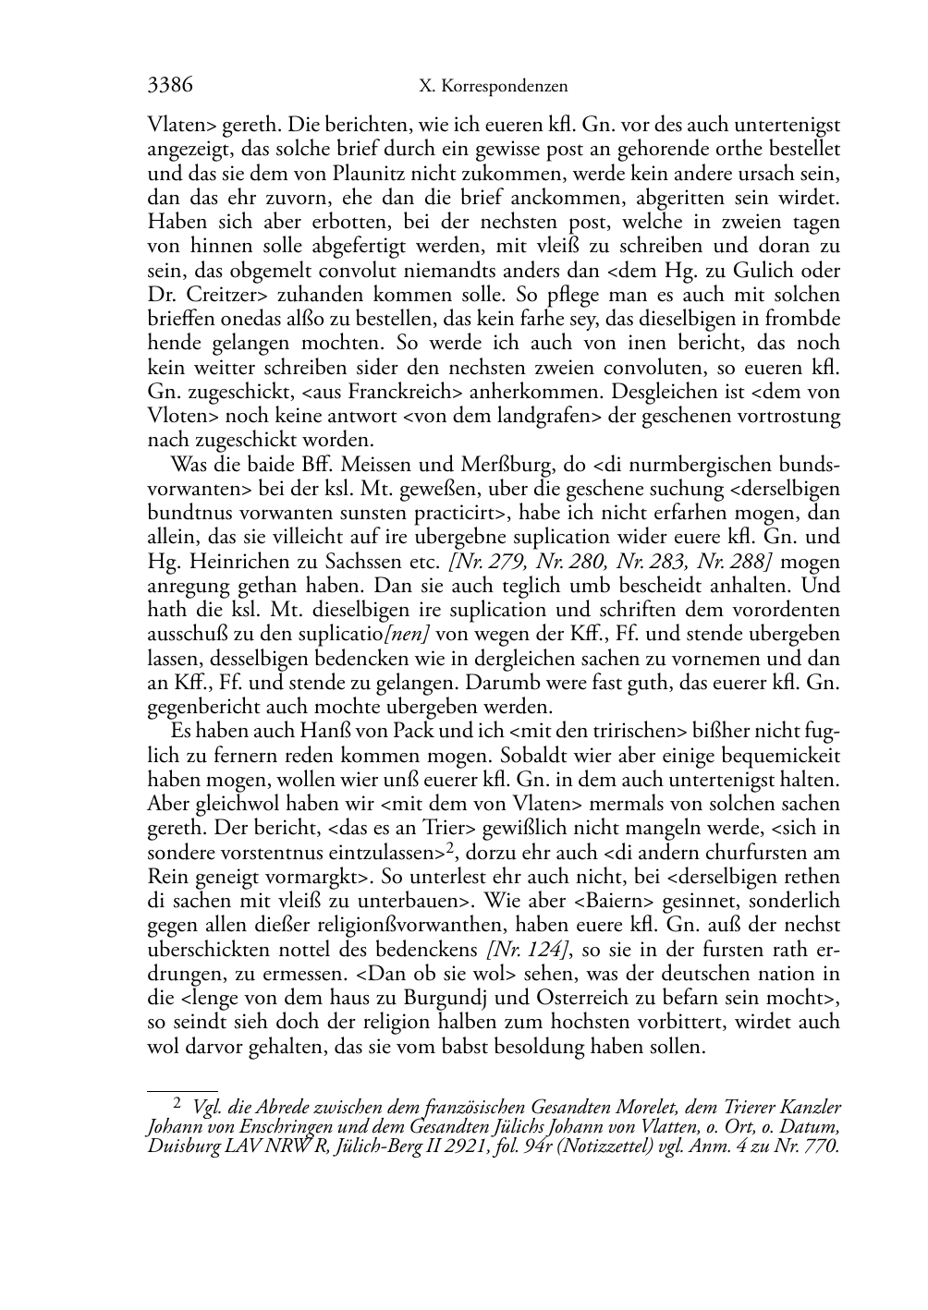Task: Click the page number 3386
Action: (x=170, y=86)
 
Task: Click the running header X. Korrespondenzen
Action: (x=493, y=88)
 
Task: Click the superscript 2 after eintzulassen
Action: (x=450, y=847)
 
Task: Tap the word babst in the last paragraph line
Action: (x=442, y=1047)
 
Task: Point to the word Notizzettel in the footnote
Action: (x=638, y=1146)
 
